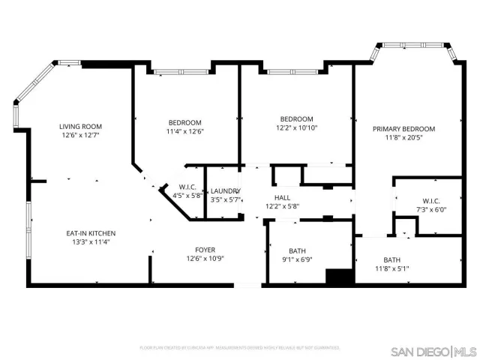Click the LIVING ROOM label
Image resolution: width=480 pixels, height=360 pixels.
[81, 126]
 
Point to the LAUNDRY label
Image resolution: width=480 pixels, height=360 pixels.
[224, 191]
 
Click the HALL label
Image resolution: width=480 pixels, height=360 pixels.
[282, 197]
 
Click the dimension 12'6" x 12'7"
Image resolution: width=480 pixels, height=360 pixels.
[81, 136]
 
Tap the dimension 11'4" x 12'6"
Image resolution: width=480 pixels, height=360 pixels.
[184, 131]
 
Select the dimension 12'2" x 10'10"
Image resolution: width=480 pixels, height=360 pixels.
[296, 127]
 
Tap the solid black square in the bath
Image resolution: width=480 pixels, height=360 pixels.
[339, 276]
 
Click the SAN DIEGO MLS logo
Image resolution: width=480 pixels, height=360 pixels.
[433, 351]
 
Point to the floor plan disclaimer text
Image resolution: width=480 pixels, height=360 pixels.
[240, 348]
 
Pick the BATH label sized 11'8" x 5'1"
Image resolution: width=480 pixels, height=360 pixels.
[392, 259]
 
